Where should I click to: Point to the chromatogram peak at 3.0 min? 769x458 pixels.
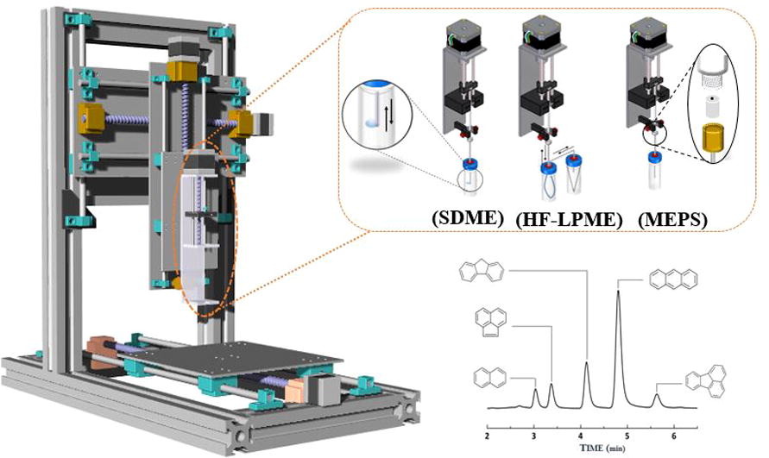click(x=535, y=391)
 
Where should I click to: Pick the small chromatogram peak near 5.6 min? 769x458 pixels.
click(x=657, y=396)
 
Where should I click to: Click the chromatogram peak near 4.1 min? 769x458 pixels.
click(x=587, y=363)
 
